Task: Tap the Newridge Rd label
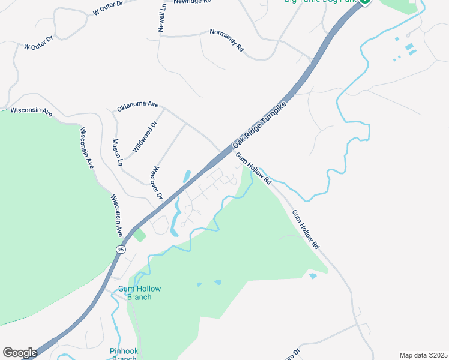click(193, 2)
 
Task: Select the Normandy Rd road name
click(227, 39)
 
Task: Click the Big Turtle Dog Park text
click(320, 2)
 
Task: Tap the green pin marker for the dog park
click(365, 2)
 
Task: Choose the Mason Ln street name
click(117, 152)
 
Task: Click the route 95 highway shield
click(121, 249)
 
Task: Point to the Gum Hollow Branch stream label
click(139, 293)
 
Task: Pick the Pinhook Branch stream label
click(124, 354)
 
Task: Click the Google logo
click(20, 353)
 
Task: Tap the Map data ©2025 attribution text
click(423, 355)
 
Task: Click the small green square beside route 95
click(139, 235)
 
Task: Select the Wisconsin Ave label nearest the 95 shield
click(116, 215)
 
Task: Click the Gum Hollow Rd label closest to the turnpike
click(253, 169)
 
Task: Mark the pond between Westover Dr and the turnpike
click(187, 176)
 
